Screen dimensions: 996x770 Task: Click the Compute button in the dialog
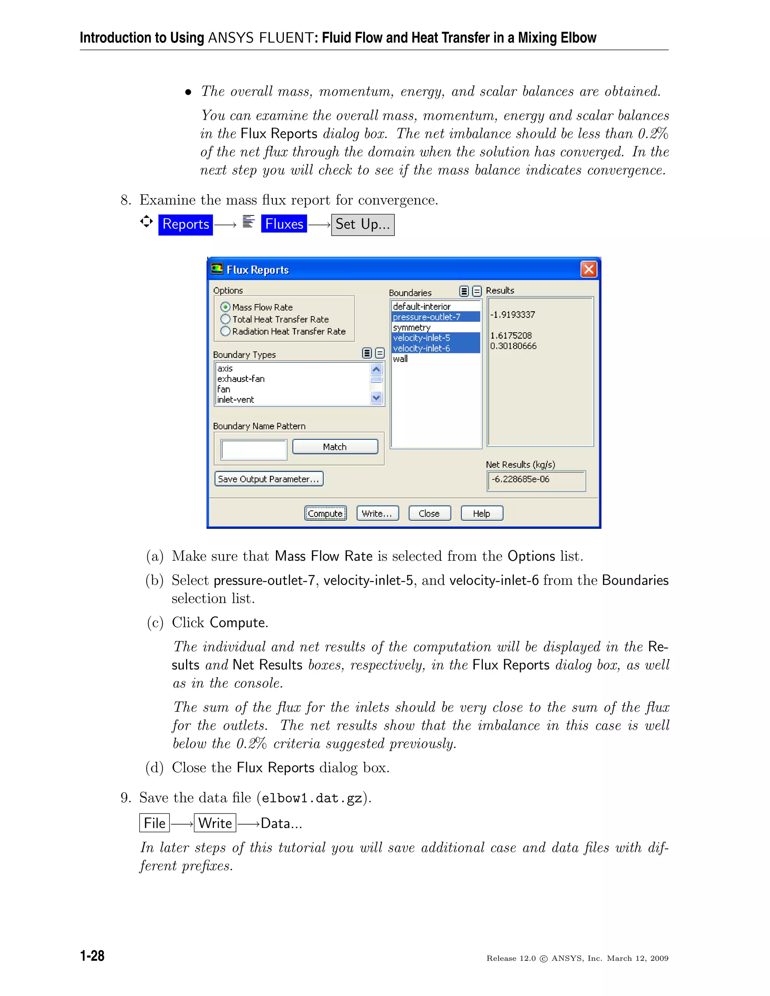(x=325, y=513)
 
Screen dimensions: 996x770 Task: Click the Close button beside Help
(x=429, y=513)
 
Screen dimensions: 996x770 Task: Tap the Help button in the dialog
(x=481, y=513)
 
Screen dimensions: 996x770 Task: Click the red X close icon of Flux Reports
(x=588, y=269)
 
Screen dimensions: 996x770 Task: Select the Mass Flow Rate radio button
(x=225, y=307)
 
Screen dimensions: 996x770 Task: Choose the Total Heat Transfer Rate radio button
(x=225, y=319)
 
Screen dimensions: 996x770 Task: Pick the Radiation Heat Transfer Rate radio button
(x=225, y=331)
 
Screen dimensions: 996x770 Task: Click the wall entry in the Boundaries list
(x=400, y=359)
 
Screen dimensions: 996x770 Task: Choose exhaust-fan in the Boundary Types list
(x=241, y=379)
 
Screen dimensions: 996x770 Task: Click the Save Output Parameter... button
(x=269, y=479)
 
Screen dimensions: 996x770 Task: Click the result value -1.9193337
(x=512, y=315)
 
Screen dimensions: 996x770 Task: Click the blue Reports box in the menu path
(x=186, y=224)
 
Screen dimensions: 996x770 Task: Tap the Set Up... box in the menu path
(x=363, y=224)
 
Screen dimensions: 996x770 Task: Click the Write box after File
(x=215, y=823)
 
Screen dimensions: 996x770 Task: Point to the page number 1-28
(x=92, y=956)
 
